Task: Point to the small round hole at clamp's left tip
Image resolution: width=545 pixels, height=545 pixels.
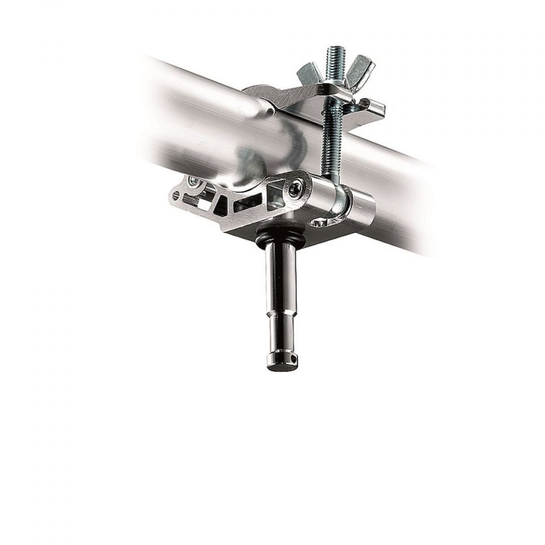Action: point(177,196)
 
